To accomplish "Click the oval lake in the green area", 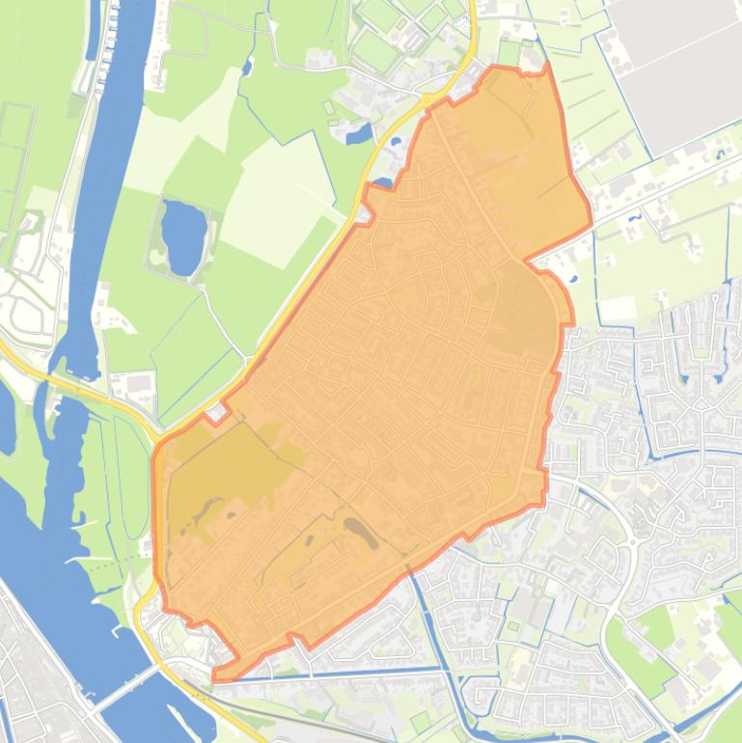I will click(x=183, y=235).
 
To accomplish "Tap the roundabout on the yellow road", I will click(x=426, y=100).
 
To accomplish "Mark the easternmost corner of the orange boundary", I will click(x=591, y=228).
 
